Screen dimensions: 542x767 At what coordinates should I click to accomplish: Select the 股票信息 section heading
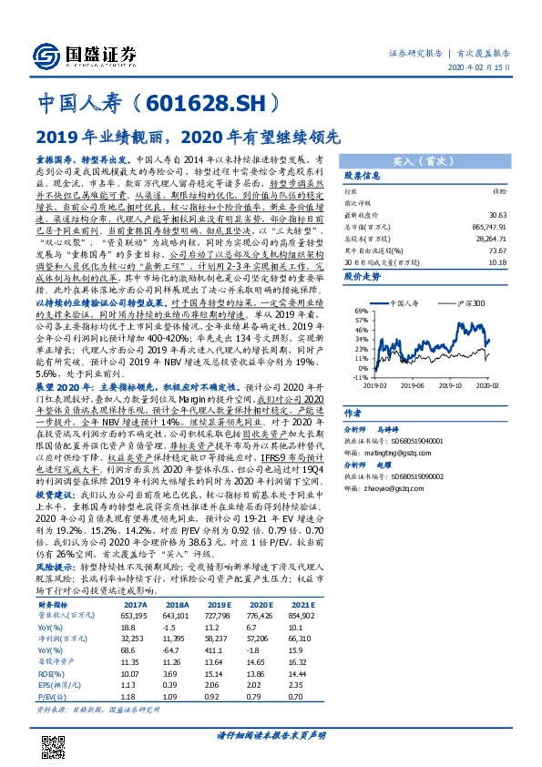(x=361, y=175)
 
